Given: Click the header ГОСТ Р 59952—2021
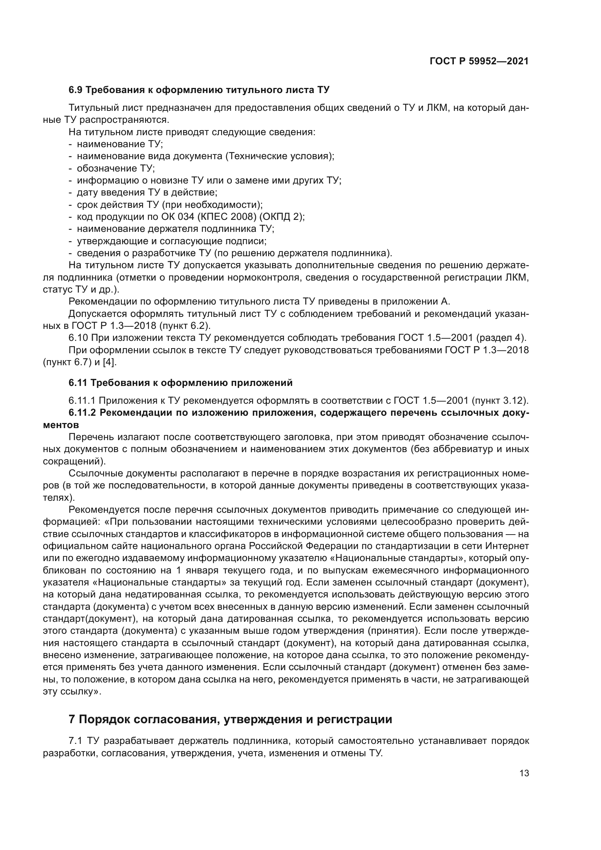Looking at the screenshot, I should click(479, 61).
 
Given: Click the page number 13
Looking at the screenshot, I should click(524, 773).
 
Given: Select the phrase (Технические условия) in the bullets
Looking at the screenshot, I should click(280, 156).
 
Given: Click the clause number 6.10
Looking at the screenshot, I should click(78, 338).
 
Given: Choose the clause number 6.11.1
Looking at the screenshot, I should click(82, 400).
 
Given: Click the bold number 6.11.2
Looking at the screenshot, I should click(82, 413).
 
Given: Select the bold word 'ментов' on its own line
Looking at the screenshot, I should click(61, 425).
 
